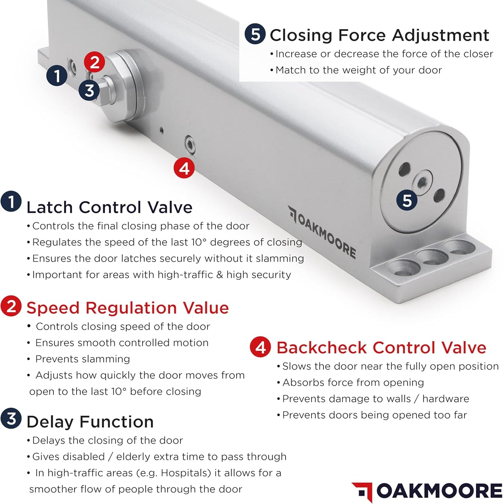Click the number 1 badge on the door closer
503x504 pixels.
pyautogui.click(x=57, y=75)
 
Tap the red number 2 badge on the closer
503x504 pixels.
pyautogui.click(x=94, y=63)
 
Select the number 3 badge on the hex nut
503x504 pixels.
pyautogui.click(x=89, y=90)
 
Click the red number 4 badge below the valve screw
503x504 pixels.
pyautogui.click(x=184, y=169)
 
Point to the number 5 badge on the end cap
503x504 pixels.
pyautogui.click(x=407, y=201)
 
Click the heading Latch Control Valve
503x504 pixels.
pyautogui.click(x=109, y=208)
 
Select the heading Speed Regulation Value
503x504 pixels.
pyautogui.click(x=127, y=308)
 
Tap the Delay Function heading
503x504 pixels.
pyautogui.click(x=90, y=422)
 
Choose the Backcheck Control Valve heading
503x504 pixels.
pyautogui.click(x=381, y=348)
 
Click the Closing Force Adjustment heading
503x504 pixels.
pyautogui.click(x=379, y=35)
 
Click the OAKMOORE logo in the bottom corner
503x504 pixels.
pyautogui.click(x=427, y=491)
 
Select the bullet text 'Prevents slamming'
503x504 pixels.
pyautogui.click(x=82, y=359)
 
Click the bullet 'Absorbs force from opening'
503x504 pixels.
pyautogui.click(x=353, y=382)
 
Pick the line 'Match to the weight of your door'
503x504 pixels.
pyautogui.click(x=358, y=70)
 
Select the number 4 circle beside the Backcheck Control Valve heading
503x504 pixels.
pyautogui.click(x=260, y=347)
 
